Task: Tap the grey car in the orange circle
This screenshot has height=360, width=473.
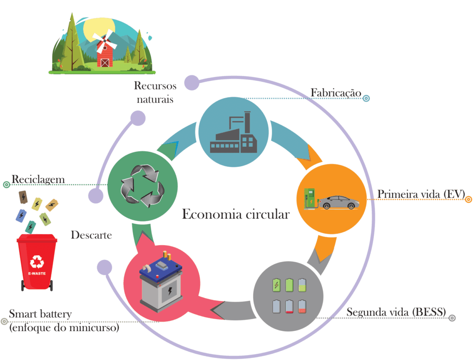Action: pyautogui.click(x=340, y=202)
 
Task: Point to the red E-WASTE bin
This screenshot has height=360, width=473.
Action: pyautogui.click(x=37, y=263)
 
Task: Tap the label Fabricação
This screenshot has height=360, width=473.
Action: pyautogui.click(x=335, y=93)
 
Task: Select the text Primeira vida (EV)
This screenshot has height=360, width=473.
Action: pyautogui.click(x=421, y=194)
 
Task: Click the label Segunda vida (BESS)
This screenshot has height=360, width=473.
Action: pyautogui.click(x=396, y=312)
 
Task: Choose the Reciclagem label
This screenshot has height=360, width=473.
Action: pyautogui.click(x=38, y=179)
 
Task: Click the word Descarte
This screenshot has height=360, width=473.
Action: pyautogui.click(x=91, y=235)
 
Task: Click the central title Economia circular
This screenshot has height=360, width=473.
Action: pyautogui.click(x=236, y=215)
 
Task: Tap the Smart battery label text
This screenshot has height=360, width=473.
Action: pyautogui.click(x=40, y=315)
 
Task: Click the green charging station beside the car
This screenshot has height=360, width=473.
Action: pyautogui.click(x=309, y=197)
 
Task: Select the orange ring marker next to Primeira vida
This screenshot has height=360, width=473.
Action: pyautogui.click(x=468, y=199)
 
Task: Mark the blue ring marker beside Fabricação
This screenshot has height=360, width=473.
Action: pyautogui.click(x=366, y=98)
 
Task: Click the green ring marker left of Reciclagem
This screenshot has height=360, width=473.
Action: pyautogui.click(x=6, y=185)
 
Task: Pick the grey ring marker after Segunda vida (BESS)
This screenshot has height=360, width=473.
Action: pyautogui.click(x=452, y=318)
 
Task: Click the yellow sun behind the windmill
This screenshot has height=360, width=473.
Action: pyautogui.click(x=95, y=29)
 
